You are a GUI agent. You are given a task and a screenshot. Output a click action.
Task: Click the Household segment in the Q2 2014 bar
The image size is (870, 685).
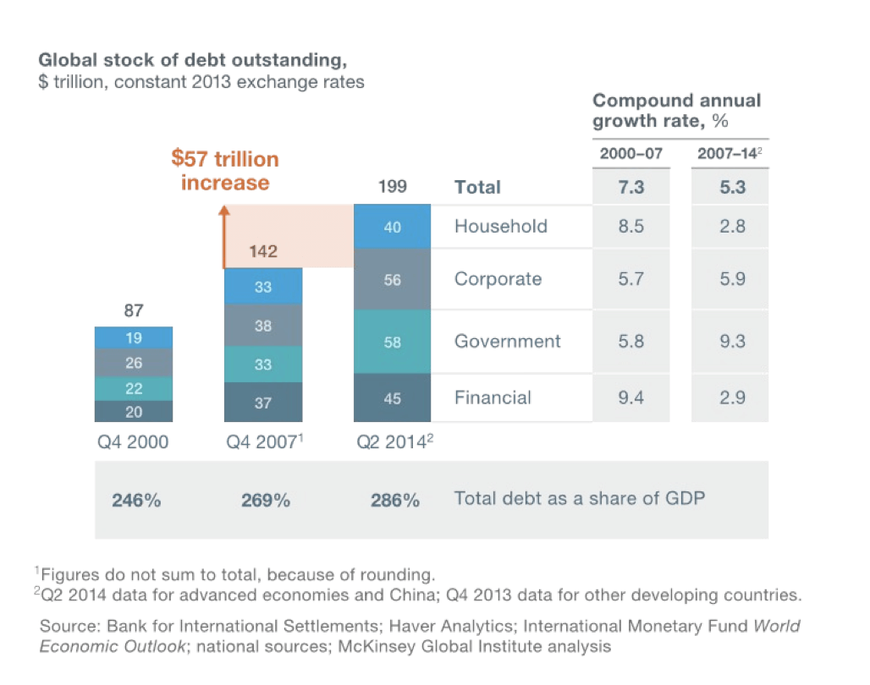pos(392,227)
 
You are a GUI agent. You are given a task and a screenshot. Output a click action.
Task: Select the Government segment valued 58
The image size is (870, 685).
pos(392,342)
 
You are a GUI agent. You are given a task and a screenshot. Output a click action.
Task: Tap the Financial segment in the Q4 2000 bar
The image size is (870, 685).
pos(133,412)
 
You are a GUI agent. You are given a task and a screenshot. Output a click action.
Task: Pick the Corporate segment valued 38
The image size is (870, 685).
pos(262,326)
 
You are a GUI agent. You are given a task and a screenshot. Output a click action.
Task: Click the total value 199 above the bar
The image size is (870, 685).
pos(392,187)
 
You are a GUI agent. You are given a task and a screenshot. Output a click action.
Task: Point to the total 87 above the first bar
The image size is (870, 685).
pos(133,311)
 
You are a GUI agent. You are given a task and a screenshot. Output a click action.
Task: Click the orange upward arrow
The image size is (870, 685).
pos(226,237)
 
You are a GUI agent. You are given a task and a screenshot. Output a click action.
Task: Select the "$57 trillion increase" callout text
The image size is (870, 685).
pos(224,171)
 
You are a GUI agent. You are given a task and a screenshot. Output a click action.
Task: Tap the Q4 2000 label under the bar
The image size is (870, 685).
pos(133,442)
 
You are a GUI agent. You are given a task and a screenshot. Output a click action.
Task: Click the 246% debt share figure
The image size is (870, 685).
pos(135,500)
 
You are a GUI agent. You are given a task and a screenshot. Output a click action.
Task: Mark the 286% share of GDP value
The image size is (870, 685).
pos(394,500)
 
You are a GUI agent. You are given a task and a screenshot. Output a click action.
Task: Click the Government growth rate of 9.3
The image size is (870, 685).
pos(732,342)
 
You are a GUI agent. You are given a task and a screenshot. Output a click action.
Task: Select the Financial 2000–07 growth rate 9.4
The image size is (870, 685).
pos(630,397)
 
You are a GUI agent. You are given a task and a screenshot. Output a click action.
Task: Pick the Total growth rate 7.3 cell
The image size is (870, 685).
pos(630,187)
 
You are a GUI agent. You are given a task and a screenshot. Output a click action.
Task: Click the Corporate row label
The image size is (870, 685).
pos(498,279)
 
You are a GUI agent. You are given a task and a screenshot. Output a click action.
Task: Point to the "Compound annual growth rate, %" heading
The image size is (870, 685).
pos(676,111)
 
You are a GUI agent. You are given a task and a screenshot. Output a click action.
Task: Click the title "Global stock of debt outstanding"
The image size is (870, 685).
pos(192,61)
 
